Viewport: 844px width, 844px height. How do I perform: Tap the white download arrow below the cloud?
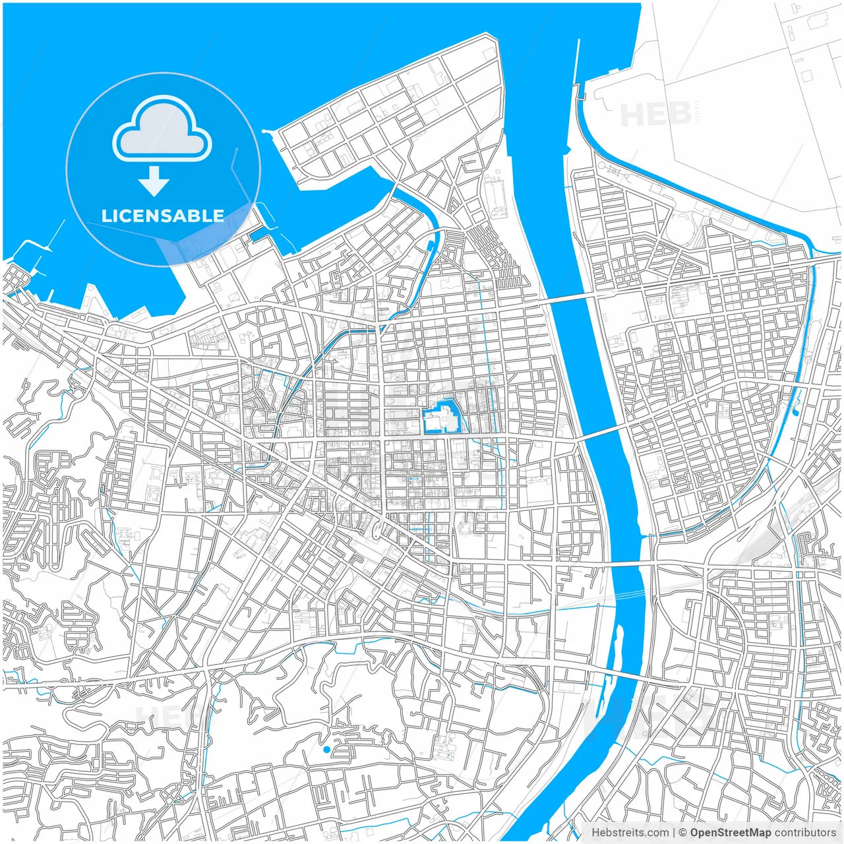pyautogui.click(x=154, y=181)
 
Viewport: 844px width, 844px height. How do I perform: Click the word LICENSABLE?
pyautogui.click(x=163, y=216)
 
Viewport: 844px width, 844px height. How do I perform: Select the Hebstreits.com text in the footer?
pyautogui.click(x=630, y=833)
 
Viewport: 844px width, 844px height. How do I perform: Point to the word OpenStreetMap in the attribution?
pyautogui.click(x=731, y=833)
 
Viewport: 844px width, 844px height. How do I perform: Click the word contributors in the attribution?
pyautogui.click(x=805, y=833)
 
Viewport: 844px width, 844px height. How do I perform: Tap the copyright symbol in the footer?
pyautogui.click(x=683, y=833)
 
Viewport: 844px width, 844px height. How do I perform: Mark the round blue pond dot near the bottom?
pyautogui.click(x=326, y=749)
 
